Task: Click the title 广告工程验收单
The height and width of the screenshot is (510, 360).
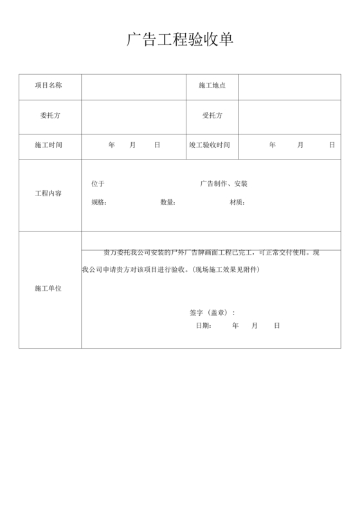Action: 179,40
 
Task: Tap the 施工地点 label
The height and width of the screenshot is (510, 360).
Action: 212,85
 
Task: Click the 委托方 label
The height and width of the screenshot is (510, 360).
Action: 49,116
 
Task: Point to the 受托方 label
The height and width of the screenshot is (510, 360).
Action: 212,116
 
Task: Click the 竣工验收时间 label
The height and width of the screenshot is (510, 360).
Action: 210,145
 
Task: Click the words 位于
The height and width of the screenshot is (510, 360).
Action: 98,184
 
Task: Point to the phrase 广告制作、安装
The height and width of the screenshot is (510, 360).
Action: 224,184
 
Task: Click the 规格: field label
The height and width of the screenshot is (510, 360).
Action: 99,203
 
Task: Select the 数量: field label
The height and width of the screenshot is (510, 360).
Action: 168,203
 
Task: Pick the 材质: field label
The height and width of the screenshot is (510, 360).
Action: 237,203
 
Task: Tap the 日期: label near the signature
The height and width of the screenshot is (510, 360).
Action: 204,325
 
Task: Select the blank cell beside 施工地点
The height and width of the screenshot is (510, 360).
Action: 289,85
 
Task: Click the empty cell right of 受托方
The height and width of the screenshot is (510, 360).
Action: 289,116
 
